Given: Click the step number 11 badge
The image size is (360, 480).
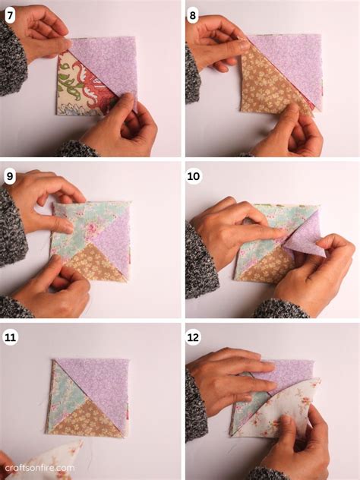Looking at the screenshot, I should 10,337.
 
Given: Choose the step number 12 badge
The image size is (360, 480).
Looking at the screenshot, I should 194,337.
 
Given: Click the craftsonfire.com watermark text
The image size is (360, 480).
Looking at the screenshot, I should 38,469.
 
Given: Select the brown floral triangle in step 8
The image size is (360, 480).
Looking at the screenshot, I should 266,91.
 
